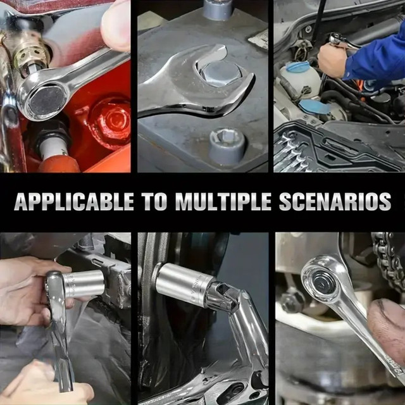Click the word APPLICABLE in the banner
74,201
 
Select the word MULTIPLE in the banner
223,201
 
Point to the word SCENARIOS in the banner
335,201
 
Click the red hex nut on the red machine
109,122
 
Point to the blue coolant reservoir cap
297,67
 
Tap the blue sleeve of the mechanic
375,59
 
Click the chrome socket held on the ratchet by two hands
84,284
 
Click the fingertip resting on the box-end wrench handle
115,26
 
